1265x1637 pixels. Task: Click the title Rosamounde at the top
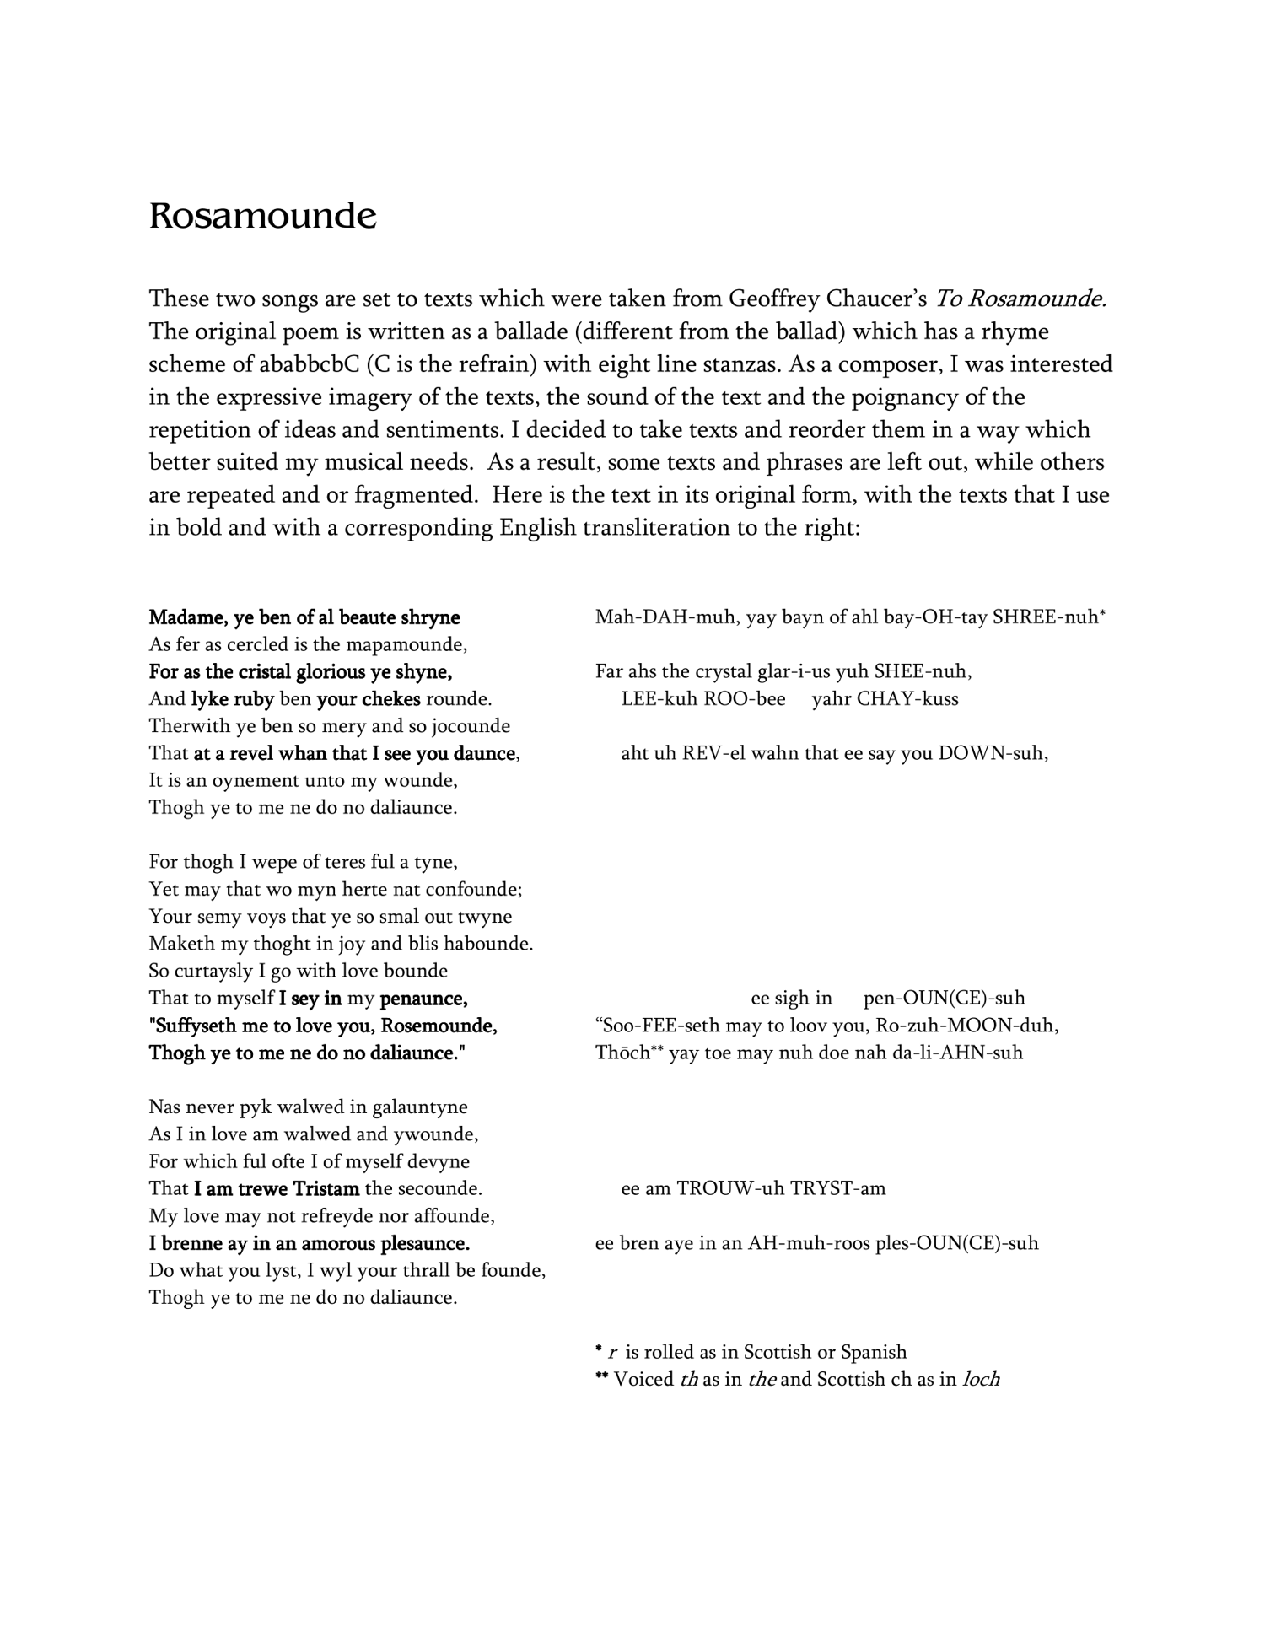pyautogui.click(x=262, y=217)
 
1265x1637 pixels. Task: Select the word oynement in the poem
pyautogui.click(x=256, y=780)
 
